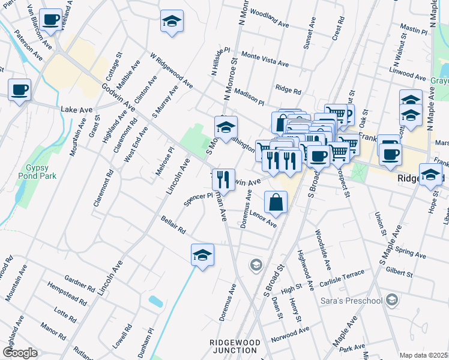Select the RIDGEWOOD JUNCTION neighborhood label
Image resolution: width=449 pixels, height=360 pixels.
click(x=235, y=347)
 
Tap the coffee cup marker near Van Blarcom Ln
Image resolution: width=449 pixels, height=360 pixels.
click(x=52, y=20)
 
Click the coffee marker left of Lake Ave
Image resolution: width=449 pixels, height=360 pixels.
click(x=19, y=90)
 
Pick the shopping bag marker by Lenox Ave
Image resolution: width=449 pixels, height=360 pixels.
click(x=276, y=203)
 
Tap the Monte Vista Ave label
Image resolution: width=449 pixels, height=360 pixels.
click(x=265, y=59)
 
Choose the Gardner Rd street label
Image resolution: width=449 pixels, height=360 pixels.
click(x=79, y=283)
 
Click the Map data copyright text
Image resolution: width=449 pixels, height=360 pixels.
click(x=424, y=355)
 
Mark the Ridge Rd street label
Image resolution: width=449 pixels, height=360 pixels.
click(x=288, y=90)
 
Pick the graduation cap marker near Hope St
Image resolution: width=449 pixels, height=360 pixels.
click(x=430, y=175)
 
